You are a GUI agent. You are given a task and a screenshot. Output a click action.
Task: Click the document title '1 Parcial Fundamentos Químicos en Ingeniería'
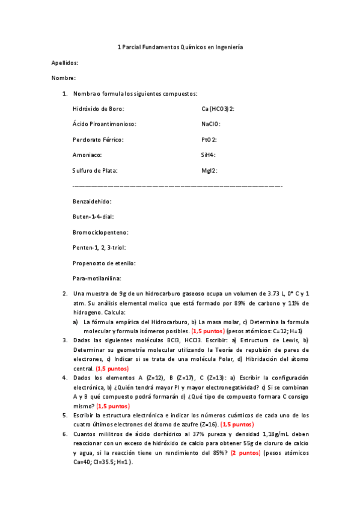point(180,47)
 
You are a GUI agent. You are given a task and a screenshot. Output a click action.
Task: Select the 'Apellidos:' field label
point(65,63)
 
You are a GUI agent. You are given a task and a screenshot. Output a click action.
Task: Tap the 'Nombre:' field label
point(63,78)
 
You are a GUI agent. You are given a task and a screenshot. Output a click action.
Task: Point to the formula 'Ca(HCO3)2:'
point(218,109)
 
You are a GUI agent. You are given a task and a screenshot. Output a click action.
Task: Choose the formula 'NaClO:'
point(211,124)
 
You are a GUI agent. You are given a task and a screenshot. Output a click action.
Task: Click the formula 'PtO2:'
point(209,140)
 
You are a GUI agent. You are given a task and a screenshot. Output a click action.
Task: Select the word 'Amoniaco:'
point(87,155)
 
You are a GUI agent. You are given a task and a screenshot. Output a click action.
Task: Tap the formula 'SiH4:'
point(208,155)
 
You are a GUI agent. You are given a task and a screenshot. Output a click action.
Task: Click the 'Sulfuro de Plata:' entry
point(95,171)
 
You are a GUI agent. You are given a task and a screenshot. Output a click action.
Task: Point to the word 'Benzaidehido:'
point(91,201)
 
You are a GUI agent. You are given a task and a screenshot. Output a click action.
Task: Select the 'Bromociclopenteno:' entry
point(100,232)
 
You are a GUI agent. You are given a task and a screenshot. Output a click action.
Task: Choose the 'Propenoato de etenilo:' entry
point(104,263)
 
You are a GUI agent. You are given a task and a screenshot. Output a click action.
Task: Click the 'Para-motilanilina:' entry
point(97,278)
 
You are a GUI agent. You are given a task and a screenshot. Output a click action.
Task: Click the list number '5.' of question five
point(65,416)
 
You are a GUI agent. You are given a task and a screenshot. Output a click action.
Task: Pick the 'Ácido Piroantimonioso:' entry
point(104,124)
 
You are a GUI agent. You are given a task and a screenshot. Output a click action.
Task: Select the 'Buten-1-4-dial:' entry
point(93,217)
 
